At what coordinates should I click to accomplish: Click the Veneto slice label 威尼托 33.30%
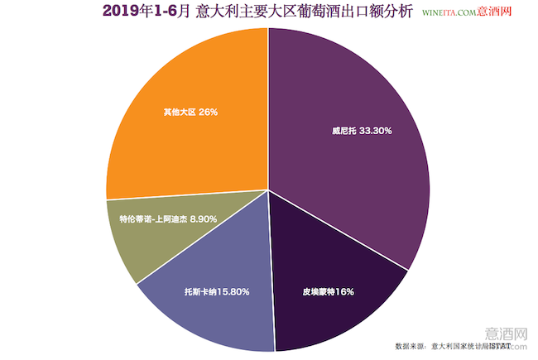tap(362, 131)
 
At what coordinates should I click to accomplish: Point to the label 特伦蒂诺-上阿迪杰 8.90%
tap(168, 220)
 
